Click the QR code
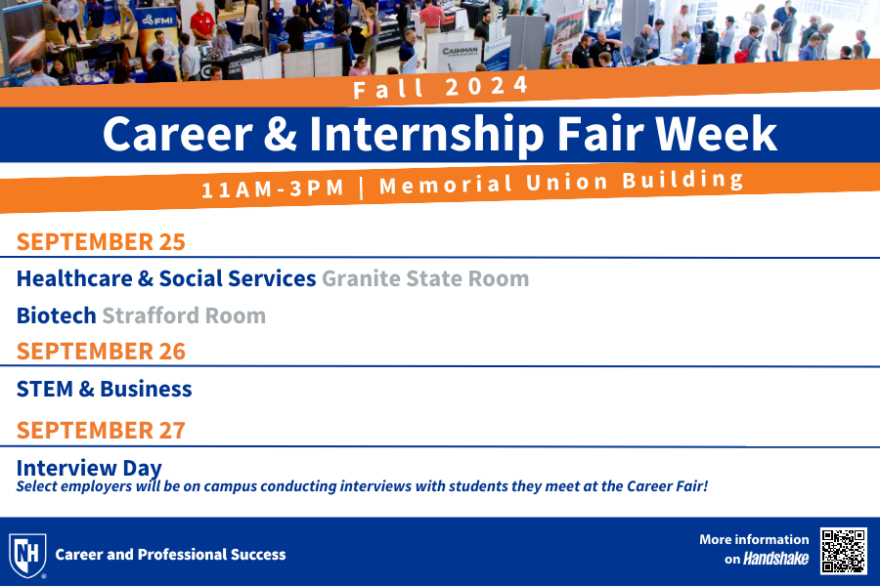[844, 551]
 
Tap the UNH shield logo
[27, 555]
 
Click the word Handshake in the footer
[775, 559]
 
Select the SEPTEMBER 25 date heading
[101, 242]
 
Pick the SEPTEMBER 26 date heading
[101, 352]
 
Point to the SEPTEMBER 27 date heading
[101, 431]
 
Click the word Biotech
[56, 315]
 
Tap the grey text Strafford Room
[184, 315]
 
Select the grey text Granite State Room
[425, 278]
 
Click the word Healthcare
[74, 278]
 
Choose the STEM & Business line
[105, 389]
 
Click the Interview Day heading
[89, 468]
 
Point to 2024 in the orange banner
[487, 86]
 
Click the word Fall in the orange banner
[388, 89]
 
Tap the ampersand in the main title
[280, 134]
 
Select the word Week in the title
[716, 134]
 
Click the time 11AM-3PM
[273, 188]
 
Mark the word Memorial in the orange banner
[446, 185]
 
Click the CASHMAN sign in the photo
[461, 52]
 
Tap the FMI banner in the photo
[157, 21]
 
